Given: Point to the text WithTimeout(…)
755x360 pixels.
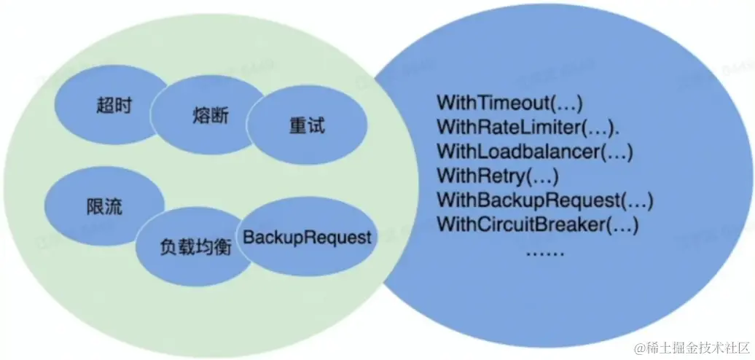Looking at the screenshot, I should click(x=510, y=101).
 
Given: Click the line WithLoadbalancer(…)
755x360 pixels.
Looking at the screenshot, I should click(x=535, y=151).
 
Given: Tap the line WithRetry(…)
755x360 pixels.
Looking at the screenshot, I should click(x=497, y=175).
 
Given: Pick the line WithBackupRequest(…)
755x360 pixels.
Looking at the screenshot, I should click(x=544, y=200).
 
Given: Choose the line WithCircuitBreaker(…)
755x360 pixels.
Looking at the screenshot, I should click(x=537, y=224).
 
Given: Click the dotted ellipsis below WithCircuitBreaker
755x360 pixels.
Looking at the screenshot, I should click(x=544, y=250).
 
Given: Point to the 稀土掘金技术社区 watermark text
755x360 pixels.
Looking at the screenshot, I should click(x=696, y=349).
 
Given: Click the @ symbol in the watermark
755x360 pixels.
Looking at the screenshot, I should click(x=640, y=349).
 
